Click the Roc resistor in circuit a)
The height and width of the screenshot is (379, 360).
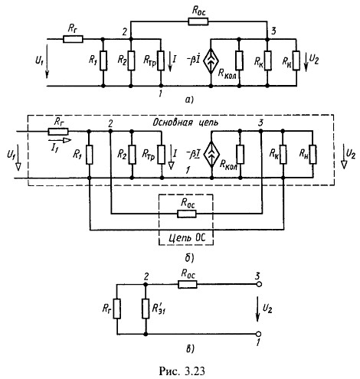(x=198, y=21)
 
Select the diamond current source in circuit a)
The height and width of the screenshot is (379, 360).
(x=211, y=60)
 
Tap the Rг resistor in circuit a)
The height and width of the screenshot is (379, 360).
(x=73, y=39)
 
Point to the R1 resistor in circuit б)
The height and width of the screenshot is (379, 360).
(x=90, y=155)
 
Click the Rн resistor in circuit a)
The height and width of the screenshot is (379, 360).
(x=296, y=60)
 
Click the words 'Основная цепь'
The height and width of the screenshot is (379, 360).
(x=185, y=123)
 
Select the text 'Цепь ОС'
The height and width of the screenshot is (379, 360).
(x=187, y=238)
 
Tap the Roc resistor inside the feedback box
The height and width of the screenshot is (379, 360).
(x=187, y=214)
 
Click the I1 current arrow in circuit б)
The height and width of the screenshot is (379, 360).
(x=60, y=140)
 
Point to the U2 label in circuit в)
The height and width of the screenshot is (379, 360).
(x=267, y=309)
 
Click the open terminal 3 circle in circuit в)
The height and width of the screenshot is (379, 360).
(x=259, y=284)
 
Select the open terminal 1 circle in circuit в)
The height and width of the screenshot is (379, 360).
(x=259, y=334)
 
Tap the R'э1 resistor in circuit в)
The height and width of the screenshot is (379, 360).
(x=146, y=309)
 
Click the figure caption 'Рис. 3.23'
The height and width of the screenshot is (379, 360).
(x=182, y=371)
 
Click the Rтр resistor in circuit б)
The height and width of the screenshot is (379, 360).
(x=162, y=154)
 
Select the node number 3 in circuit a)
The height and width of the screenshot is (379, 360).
(x=273, y=31)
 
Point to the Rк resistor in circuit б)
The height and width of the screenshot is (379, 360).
(x=283, y=154)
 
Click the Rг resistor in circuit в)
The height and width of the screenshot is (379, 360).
(x=117, y=309)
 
